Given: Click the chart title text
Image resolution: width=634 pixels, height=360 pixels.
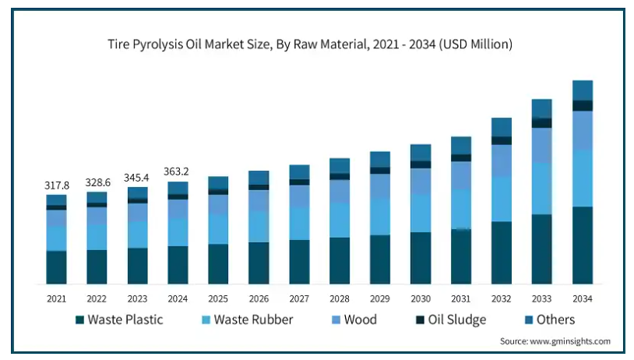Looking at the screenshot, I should point(309,44).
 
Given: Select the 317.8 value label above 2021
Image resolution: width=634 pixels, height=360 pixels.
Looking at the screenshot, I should point(56,185).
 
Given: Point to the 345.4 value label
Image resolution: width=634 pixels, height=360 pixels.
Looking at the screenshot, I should point(137,178).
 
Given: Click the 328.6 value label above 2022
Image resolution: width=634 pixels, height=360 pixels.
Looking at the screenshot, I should point(97,182).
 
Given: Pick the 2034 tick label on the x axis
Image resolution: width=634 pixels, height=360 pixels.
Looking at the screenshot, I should point(583,298).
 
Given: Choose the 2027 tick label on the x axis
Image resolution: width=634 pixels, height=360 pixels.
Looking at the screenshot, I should point(299,298).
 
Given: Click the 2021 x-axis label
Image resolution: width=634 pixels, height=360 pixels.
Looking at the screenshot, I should point(56,298).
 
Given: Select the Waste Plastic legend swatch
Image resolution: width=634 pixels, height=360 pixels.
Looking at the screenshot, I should point(79,319).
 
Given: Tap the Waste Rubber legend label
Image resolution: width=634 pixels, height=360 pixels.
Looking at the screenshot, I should point(253,319).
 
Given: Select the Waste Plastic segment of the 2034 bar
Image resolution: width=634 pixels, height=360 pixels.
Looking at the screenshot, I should point(583,245).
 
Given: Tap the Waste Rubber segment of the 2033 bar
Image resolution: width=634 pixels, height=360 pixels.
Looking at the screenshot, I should point(542,189).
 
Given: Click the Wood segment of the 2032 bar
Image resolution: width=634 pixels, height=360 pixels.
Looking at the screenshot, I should point(502,161).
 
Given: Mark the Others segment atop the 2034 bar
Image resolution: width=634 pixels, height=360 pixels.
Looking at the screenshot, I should point(583,90).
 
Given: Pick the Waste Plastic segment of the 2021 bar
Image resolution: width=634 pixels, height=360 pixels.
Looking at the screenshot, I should point(56,267).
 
